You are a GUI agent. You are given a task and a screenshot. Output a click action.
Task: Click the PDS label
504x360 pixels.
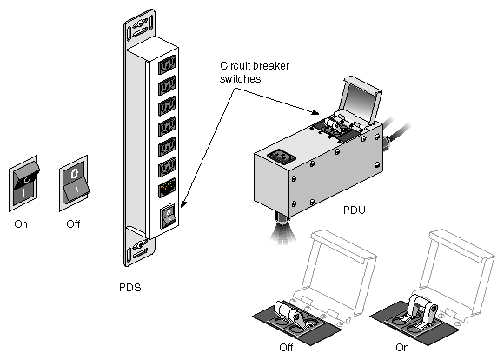129,287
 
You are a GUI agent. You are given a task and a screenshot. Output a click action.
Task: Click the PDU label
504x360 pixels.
355,210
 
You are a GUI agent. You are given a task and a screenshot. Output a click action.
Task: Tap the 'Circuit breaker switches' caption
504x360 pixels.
255,72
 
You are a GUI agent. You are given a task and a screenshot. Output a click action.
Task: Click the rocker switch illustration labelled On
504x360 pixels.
23,183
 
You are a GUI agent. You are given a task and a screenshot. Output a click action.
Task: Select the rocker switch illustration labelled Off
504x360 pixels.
74,183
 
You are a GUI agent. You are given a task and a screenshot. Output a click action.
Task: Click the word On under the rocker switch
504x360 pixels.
21,224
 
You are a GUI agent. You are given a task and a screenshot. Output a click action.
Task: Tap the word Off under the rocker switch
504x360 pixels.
73,224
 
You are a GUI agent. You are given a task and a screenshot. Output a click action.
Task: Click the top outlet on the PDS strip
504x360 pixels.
167,64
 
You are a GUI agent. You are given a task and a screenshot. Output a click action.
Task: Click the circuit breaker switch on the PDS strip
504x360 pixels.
168,216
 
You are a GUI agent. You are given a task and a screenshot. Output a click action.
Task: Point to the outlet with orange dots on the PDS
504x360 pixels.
167,188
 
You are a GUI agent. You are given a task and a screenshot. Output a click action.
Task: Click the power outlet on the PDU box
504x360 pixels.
282,157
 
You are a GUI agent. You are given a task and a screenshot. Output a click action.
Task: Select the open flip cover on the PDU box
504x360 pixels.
361,99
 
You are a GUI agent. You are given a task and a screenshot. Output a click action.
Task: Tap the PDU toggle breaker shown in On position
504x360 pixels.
421,310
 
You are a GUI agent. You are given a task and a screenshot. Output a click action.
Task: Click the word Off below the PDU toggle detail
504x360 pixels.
286,348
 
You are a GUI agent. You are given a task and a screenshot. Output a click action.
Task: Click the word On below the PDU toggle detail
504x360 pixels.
402,348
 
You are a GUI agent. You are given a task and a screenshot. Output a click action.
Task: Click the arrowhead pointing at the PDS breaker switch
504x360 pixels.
183,204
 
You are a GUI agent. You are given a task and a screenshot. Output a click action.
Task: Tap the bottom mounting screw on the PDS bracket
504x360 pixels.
141,245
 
